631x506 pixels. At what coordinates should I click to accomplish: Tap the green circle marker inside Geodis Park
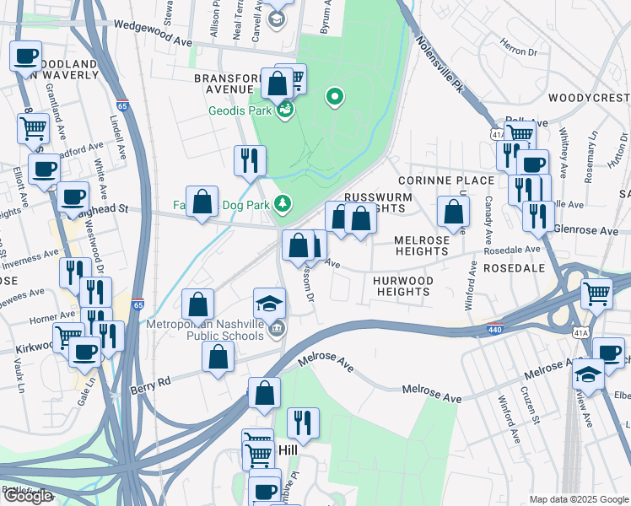pyautogui.click(x=335, y=97)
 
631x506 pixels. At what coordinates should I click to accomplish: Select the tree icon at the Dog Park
pyautogui.click(x=283, y=203)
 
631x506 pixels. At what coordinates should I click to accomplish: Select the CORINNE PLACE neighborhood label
pyautogui.click(x=446, y=180)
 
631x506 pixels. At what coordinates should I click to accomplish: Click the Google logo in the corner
pyautogui.click(x=28, y=496)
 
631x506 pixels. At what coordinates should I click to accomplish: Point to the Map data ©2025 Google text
pyautogui.click(x=578, y=499)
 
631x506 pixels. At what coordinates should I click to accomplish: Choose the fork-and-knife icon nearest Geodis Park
pyautogui.click(x=250, y=160)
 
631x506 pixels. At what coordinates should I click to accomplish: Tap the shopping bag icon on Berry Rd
pyautogui.click(x=218, y=356)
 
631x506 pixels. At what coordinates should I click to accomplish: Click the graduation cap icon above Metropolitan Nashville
pyautogui.click(x=269, y=303)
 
